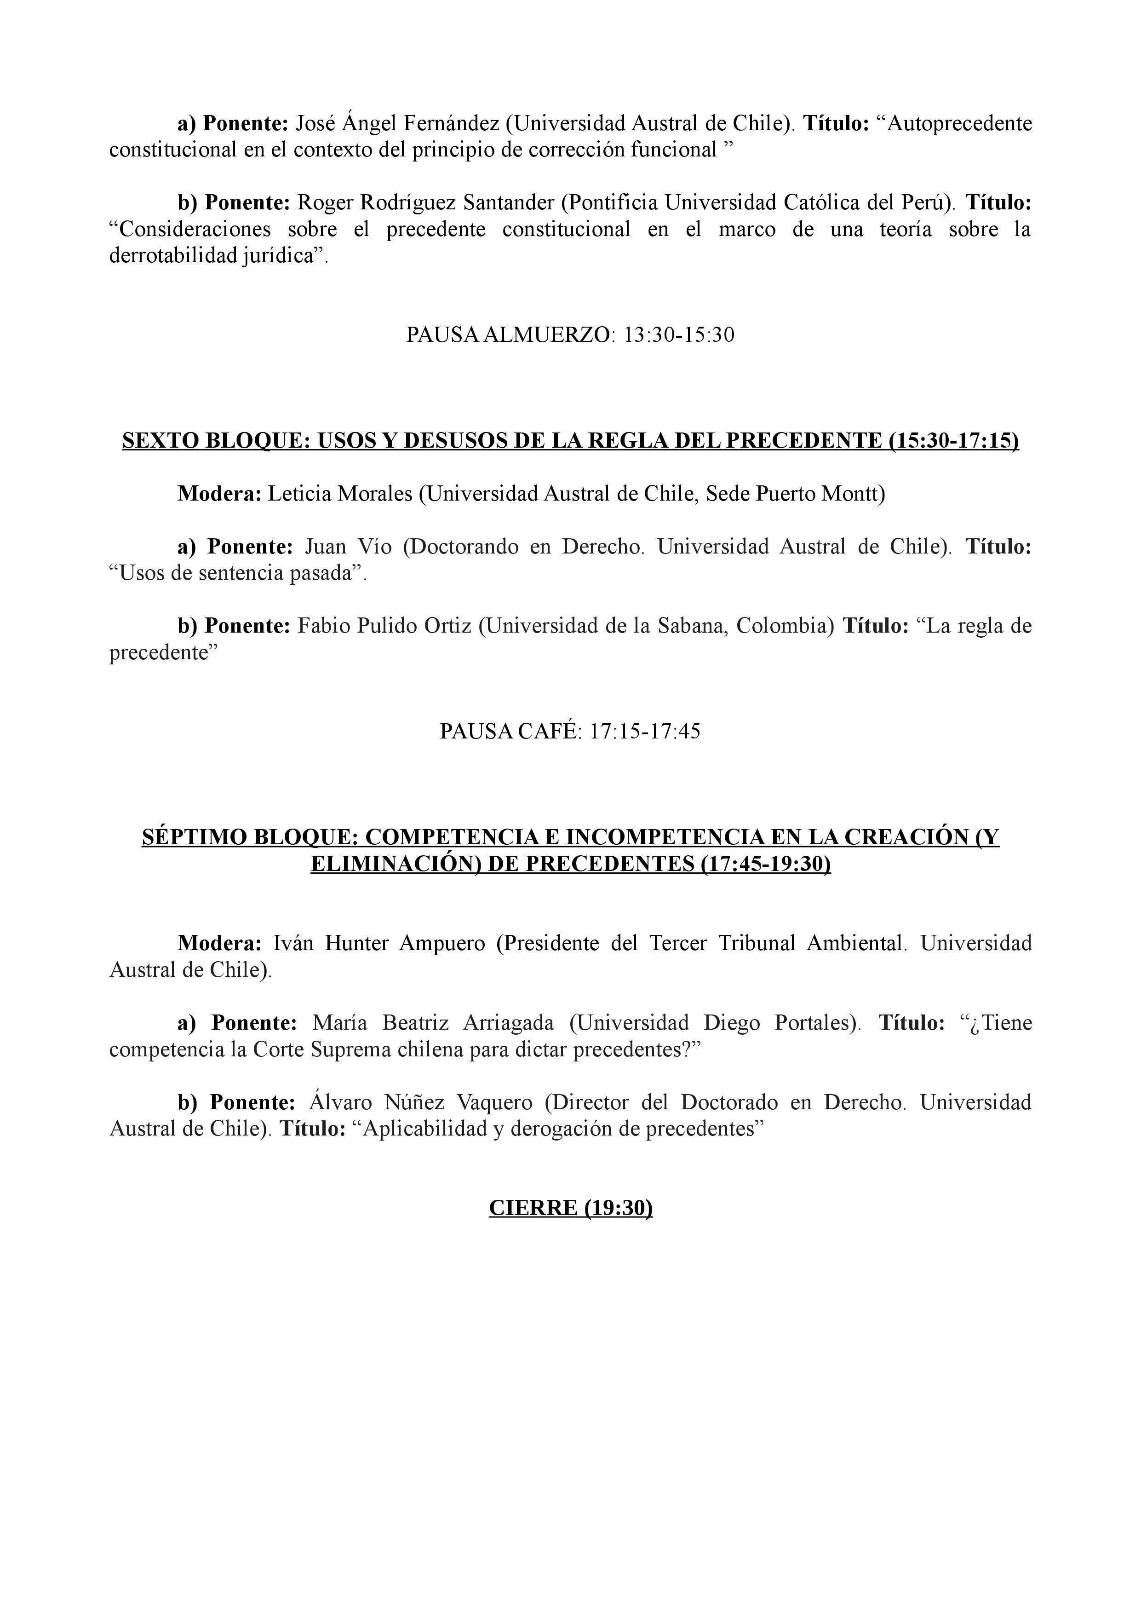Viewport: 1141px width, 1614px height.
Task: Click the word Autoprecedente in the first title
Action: tap(960, 124)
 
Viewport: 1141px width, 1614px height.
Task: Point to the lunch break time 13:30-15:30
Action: tap(679, 334)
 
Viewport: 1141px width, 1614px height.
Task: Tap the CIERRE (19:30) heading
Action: tap(570, 1208)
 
